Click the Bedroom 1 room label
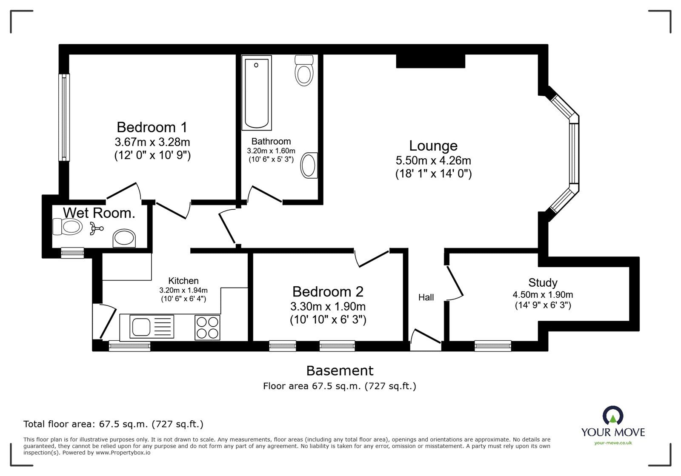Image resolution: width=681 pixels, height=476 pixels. pos(152,127)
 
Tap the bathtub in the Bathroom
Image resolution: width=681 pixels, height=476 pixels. pos(257,94)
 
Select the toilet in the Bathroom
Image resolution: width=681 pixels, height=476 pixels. pos(304,71)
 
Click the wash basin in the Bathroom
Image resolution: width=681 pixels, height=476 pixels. pos(309,165)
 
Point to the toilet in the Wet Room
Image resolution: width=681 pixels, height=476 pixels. pos(68,227)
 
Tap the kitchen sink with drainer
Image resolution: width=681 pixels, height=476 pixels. pos(147,327)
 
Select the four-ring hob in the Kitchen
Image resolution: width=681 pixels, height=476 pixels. pos(207,327)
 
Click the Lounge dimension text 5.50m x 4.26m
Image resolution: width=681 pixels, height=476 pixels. pos(433,160)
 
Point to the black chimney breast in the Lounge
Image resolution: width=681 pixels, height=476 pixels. pos(430,61)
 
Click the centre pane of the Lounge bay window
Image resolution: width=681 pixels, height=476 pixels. pos(574,154)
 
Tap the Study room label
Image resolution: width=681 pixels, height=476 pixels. pos(543,282)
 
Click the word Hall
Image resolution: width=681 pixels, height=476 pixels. pos(426,297)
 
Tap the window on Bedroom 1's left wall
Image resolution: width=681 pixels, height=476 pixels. pos(64,117)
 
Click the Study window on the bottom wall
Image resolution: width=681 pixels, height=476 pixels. pos(492,345)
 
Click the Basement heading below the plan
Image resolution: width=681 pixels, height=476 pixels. pos(340,371)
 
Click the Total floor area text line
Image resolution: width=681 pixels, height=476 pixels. pos(113,424)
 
